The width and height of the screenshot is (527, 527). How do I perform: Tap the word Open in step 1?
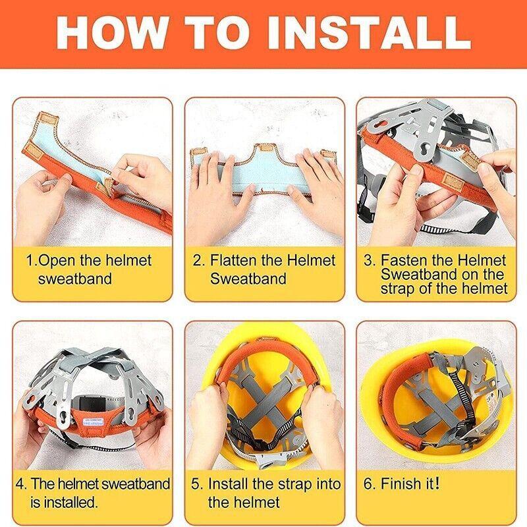(x=58, y=260)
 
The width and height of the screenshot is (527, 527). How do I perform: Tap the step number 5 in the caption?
(x=196, y=484)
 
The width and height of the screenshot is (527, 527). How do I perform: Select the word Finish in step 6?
(x=402, y=484)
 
